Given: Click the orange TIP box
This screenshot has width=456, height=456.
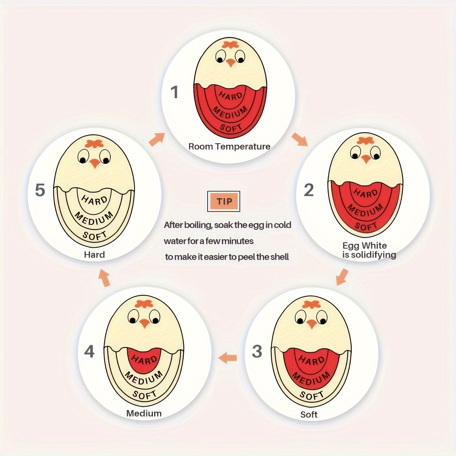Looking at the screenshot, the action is (x=224, y=201).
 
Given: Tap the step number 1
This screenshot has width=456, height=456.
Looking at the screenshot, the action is (x=174, y=92).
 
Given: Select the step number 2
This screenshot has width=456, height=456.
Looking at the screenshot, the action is (x=309, y=190).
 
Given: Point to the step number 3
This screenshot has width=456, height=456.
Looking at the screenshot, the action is (x=257, y=351).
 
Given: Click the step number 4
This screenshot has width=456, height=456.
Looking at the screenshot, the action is (x=89, y=351).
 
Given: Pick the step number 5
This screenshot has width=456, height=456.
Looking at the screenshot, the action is (x=40, y=190).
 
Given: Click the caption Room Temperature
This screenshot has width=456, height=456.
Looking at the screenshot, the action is (x=229, y=147).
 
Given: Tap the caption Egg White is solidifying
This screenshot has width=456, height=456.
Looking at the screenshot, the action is (x=369, y=250).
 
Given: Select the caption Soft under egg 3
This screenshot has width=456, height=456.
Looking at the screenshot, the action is (x=309, y=414).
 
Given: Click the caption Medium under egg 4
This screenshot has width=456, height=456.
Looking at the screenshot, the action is (x=144, y=413).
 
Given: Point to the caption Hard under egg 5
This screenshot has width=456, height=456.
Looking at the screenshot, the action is (x=94, y=254).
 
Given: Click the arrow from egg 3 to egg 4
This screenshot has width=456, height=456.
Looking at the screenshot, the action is (x=228, y=358).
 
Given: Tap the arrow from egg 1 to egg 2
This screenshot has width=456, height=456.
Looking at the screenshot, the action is (x=300, y=139).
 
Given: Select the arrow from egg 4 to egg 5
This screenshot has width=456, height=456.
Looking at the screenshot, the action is (x=105, y=278).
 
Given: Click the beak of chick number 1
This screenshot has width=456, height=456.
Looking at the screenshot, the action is (x=230, y=63).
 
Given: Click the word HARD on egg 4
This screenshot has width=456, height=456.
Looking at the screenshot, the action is (x=144, y=359).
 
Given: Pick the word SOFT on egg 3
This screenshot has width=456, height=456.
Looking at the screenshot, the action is (x=312, y=395).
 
